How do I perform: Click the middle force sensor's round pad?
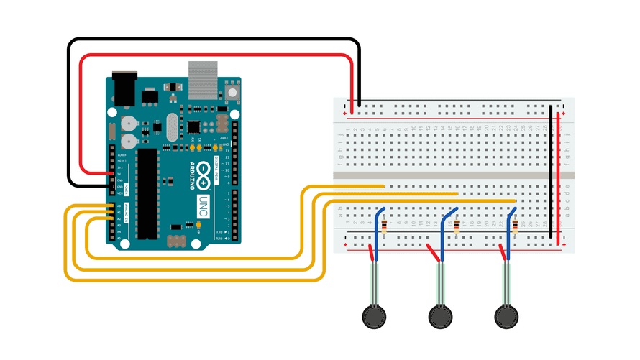[440, 315]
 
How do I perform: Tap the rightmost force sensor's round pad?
[507, 315]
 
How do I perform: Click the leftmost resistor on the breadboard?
[384, 229]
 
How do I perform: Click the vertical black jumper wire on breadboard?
[551, 172]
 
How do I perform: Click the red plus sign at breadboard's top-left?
[345, 115]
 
